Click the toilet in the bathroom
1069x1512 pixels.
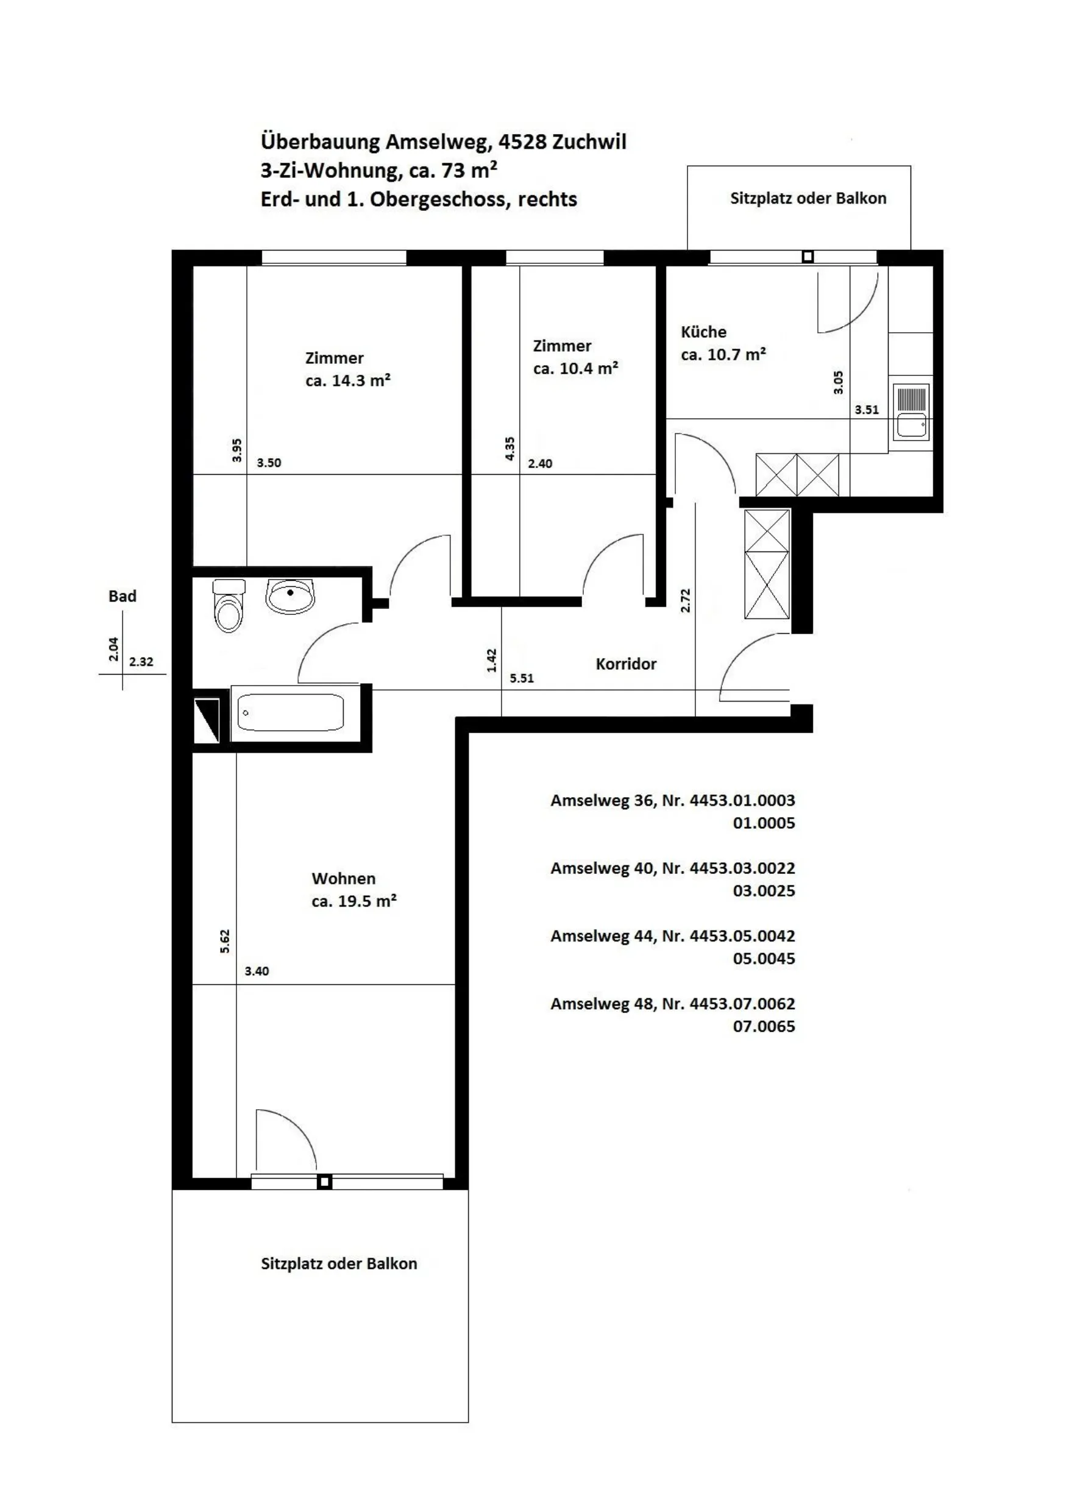click(229, 605)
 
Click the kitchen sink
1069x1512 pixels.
click(912, 412)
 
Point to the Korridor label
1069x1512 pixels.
click(626, 664)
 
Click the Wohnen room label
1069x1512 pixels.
click(343, 878)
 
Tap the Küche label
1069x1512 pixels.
click(703, 332)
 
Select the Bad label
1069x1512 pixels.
click(123, 596)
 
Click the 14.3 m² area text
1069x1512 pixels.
click(348, 381)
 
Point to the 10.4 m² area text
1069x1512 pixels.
click(576, 368)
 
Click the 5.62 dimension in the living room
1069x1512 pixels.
click(225, 941)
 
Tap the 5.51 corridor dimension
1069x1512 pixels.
click(522, 678)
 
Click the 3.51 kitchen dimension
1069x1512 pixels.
click(867, 410)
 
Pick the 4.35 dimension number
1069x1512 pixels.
click(510, 449)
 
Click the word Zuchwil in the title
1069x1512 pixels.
click(589, 141)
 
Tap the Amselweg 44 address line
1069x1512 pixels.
click(672, 935)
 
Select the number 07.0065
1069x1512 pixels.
click(764, 1026)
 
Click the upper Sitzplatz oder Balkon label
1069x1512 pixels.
click(808, 198)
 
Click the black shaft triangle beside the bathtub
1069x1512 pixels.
click(207, 720)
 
